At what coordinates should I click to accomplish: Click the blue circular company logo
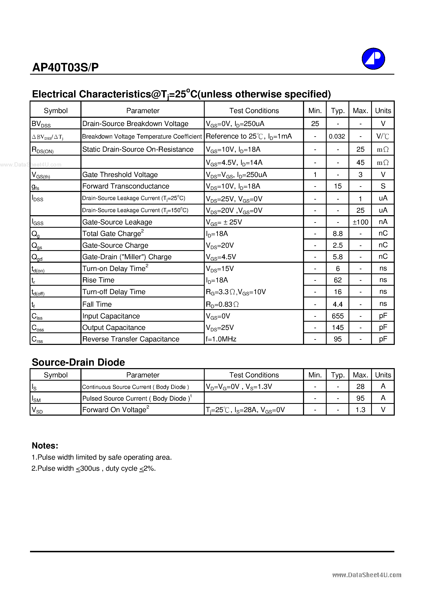coord(373,59)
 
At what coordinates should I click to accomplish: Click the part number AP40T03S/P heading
coord(65,67)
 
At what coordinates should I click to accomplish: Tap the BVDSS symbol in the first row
coord(41,124)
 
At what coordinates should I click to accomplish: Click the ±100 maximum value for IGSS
coord(360,222)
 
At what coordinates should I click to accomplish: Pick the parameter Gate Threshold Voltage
coord(120,175)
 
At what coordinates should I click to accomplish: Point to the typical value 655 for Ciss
coord(338,316)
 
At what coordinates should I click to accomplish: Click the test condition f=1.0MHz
coord(221,339)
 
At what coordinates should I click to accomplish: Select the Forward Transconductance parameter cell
coord(126,186)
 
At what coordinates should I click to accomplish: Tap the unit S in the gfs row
coord(383,186)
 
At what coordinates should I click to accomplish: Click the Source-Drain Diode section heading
coord(78,362)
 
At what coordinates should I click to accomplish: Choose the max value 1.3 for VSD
coord(360,410)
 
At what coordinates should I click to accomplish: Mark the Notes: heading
coord(45,446)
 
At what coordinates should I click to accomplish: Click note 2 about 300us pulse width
coord(94,468)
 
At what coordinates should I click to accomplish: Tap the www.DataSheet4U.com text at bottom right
coord(367,575)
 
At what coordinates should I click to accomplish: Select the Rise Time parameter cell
coord(98,280)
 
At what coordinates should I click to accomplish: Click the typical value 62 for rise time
coord(338,280)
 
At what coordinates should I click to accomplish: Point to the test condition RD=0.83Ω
coord(222,304)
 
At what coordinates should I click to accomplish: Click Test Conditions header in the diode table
coord(254,375)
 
